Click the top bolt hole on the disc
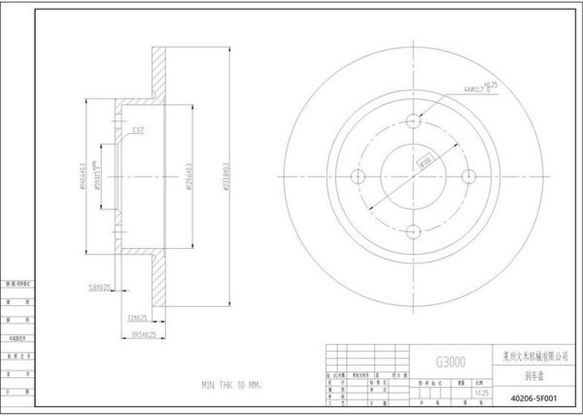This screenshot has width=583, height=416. click(415, 121)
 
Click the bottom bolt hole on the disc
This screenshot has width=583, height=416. click(415, 230)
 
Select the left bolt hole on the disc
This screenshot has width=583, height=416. click(358, 176)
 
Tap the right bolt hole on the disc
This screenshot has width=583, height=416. click(470, 176)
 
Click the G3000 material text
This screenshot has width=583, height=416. click(450, 362)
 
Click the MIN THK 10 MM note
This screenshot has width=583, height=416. click(231, 386)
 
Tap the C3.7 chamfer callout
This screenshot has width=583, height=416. click(138, 129)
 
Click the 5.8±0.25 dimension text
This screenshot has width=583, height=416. click(98, 287)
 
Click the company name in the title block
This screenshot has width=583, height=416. click(536, 358)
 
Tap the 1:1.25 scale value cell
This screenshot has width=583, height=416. click(482, 394)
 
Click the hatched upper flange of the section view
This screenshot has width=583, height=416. click(160, 73)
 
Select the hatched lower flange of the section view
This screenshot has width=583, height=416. click(160, 282)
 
